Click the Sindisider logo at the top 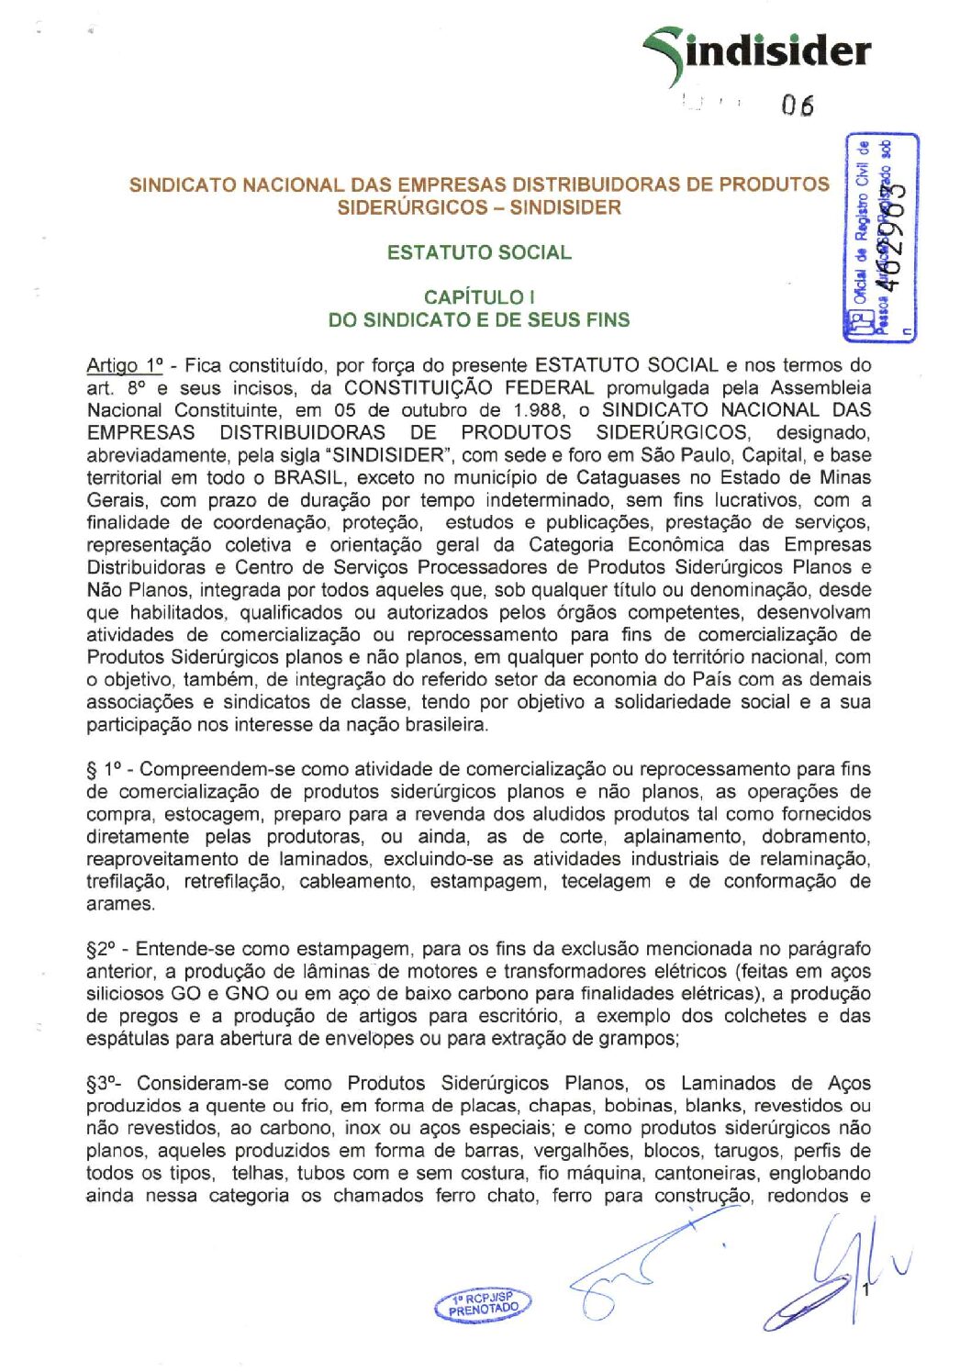(758, 50)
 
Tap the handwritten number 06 (798, 106)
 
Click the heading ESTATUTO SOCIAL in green (478, 252)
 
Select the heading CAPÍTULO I (479, 297)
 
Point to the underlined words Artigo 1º (124, 365)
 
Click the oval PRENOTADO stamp (484, 1304)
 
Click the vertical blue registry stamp (881, 237)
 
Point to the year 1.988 (535, 410)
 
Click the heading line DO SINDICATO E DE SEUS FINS (479, 320)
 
